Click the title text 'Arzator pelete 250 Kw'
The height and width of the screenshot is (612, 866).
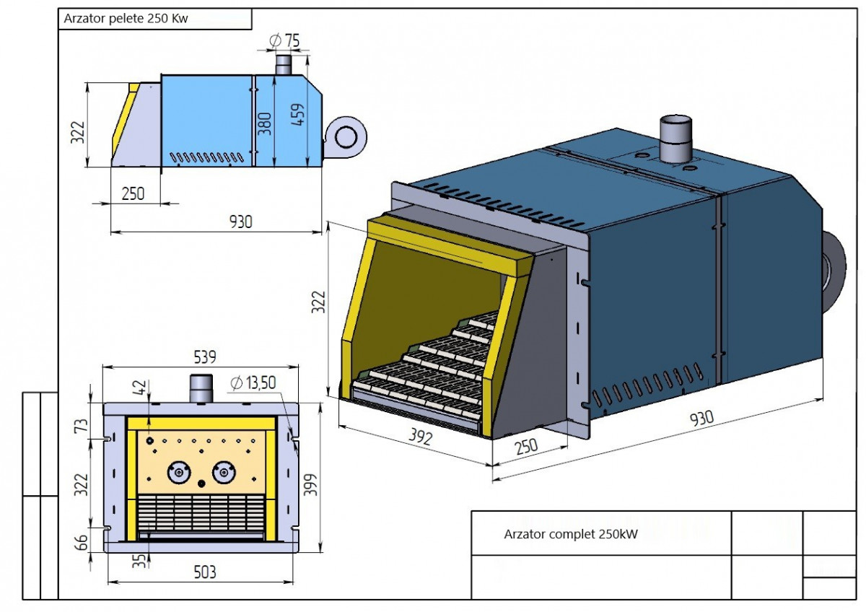coord(126,19)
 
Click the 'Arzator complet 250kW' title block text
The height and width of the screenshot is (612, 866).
coord(571,535)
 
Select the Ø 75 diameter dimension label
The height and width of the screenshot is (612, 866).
coord(284,40)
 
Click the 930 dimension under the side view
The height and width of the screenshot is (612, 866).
coord(241,222)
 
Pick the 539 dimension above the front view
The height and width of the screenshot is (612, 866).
coord(205,356)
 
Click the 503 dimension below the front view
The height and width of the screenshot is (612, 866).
coord(204,572)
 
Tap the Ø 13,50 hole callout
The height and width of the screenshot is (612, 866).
coord(254,383)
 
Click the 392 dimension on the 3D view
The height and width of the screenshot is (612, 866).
coord(416,438)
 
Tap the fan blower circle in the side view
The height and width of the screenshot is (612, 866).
coord(344,134)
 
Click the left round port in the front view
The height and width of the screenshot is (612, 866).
coord(178,473)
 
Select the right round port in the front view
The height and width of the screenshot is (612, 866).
coord(224,473)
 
